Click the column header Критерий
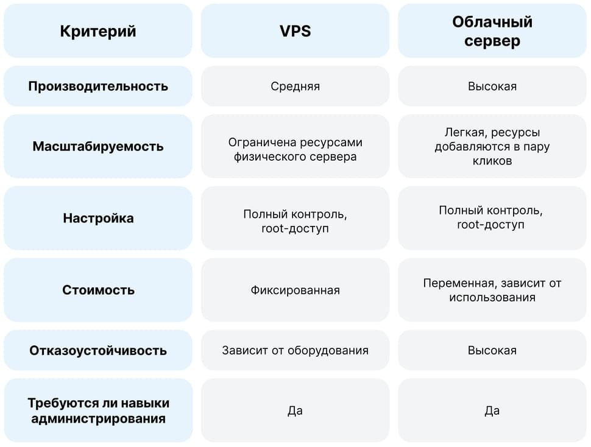pyautogui.click(x=98, y=31)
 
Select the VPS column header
pyautogui.click(x=295, y=31)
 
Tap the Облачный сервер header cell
pyautogui.click(x=492, y=31)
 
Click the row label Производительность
pyautogui.click(x=98, y=86)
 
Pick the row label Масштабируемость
pyautogui.click(x=98, y=146)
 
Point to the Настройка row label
pyautogui.click(x=98, y=218)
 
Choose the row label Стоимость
pyautogui.click(x=98, y=290)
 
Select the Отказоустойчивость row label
pyautogui.click(x=98, y=350)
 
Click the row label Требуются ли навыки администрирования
pyautogui.click(x=98, y=410)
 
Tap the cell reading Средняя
pyautogui.click(x=295, y=86)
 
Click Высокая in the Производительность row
pyautogui.click(x=492, y=86)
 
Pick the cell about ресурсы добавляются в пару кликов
pyautogui.click(x=492, y=146)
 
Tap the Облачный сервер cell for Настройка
pyautogui.click(x=492, y=218)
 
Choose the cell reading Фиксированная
pyautogui.click(x=295, y=290)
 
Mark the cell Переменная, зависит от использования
pyautogui.click(x=492, y=290)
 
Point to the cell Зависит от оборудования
pyautogui.click(x=295, y=350)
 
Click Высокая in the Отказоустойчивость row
pyautogui.click(x=492, y=350)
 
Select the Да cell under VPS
pyautogui.click(x=295, y=410)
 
